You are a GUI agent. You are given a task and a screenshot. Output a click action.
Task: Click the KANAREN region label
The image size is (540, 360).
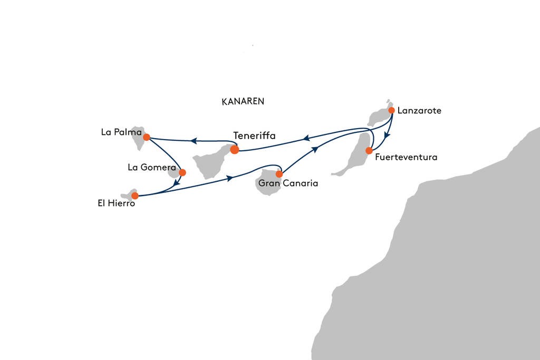pos(243,102)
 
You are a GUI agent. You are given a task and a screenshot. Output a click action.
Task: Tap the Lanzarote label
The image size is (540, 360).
pos(419,111)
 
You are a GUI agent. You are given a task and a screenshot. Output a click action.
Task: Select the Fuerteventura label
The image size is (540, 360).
pos(406,157)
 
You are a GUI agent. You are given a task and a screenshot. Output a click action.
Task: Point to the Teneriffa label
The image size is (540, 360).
pos(254,136)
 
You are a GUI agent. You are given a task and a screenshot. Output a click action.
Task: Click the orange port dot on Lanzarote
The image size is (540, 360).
pos(392,110)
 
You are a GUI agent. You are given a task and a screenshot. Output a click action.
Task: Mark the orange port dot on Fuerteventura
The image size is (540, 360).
pos(369,151)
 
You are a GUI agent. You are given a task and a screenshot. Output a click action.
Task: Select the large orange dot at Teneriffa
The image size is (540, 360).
pos(235,150)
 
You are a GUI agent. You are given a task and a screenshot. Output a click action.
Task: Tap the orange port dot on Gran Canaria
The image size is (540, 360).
pos(279,174)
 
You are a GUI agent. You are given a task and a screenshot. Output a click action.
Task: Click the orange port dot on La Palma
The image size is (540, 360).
pos(146,138)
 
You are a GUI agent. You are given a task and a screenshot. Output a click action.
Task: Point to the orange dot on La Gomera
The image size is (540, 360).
pos(182,172)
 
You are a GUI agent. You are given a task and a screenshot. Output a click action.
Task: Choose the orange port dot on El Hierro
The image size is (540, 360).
pos(134,196)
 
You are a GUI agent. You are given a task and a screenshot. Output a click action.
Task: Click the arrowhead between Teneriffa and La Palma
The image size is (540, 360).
pos(194,141)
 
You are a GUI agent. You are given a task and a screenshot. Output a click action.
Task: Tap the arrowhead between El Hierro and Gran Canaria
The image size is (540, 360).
pos(230,179)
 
